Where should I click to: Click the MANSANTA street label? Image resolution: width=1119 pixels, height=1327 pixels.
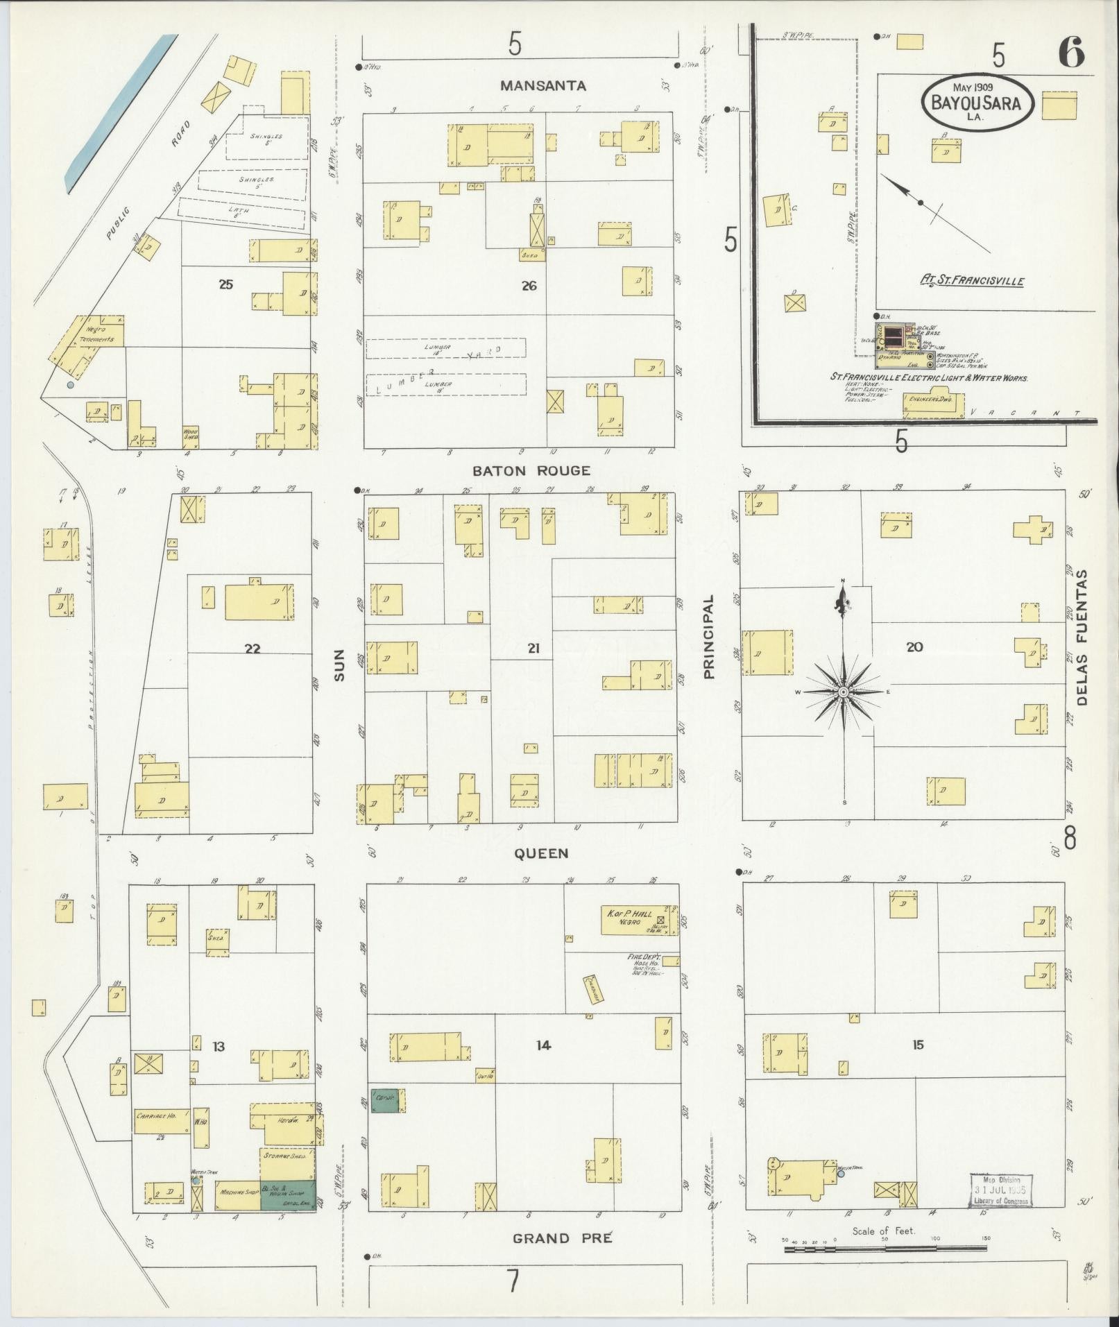pos(543,86)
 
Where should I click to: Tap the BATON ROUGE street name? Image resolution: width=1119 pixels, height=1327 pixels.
pos(531,471)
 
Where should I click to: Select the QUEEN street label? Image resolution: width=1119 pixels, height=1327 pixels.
pos(541,854)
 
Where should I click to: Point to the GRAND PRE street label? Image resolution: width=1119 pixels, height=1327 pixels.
pos(562,1238)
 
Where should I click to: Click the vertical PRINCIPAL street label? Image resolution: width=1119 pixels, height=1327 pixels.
pos(708,637)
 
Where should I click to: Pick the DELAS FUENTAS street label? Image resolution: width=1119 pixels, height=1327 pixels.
pos(1083,637)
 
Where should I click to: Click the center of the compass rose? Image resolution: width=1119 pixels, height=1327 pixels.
pos(844,692)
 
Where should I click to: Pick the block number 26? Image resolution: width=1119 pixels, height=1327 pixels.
pos(529,285)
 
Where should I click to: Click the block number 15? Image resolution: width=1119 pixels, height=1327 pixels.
pos(918,1045)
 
